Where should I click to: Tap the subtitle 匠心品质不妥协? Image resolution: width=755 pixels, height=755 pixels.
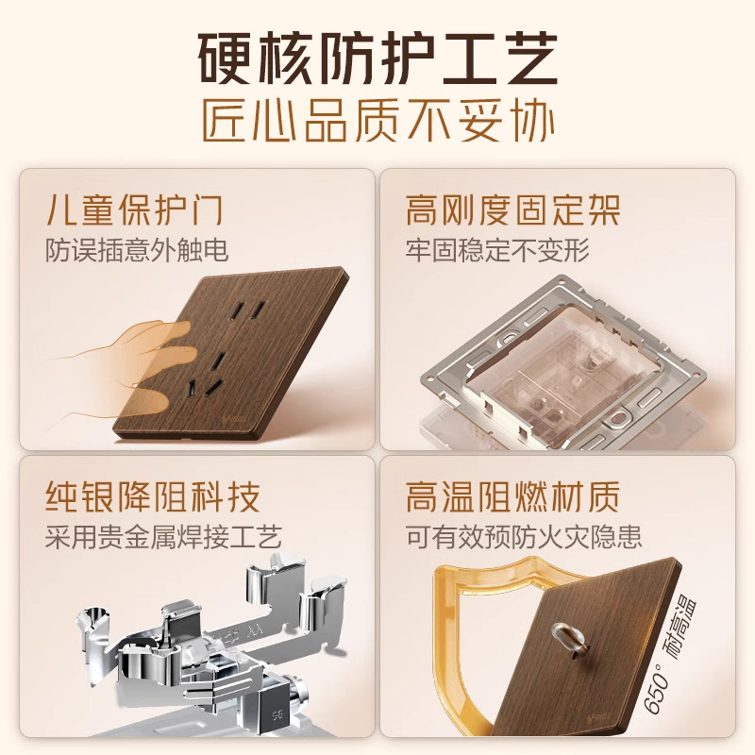point(377,123)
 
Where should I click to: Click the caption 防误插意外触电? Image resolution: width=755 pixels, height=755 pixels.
point(137,250)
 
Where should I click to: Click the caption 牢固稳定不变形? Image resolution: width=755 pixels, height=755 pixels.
point(497,250)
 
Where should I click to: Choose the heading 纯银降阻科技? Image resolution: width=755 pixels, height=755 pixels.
point(152,496)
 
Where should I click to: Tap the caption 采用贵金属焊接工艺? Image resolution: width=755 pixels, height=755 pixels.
point(163,538)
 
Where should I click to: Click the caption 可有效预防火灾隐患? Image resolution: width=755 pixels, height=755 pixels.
point(524,538)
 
